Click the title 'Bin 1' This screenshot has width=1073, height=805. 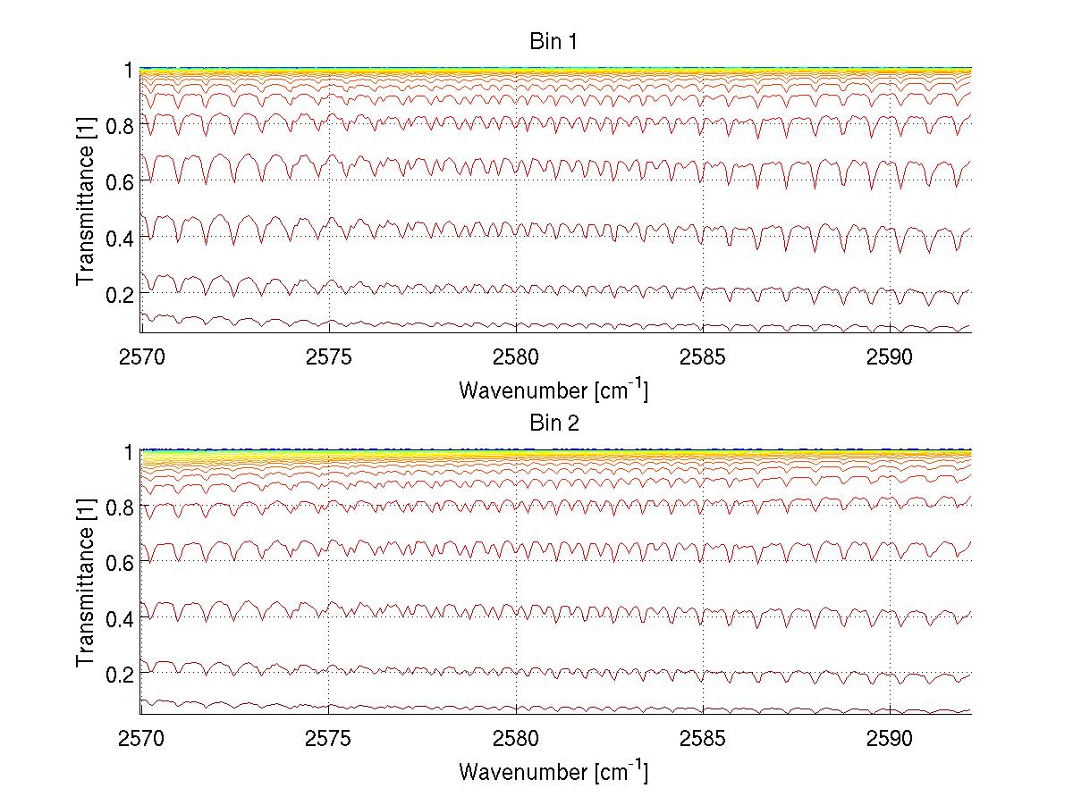pyautogui.click(x=555, y=42)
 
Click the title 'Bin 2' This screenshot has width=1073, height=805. pyautogui.click(x=555, y=424)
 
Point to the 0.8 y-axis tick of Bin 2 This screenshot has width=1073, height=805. pyautogui.click(x=120, y=507)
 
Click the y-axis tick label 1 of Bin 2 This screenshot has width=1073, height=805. pyautogui.click(x=129, y=452)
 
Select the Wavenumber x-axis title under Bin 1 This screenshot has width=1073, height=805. pyautogui.click(x=553, y=390)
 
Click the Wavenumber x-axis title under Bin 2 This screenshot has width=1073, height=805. pyautogui.click(x=553, y=771)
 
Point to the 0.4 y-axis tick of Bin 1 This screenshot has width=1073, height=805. pyautogui.click(x=120, y=238)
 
